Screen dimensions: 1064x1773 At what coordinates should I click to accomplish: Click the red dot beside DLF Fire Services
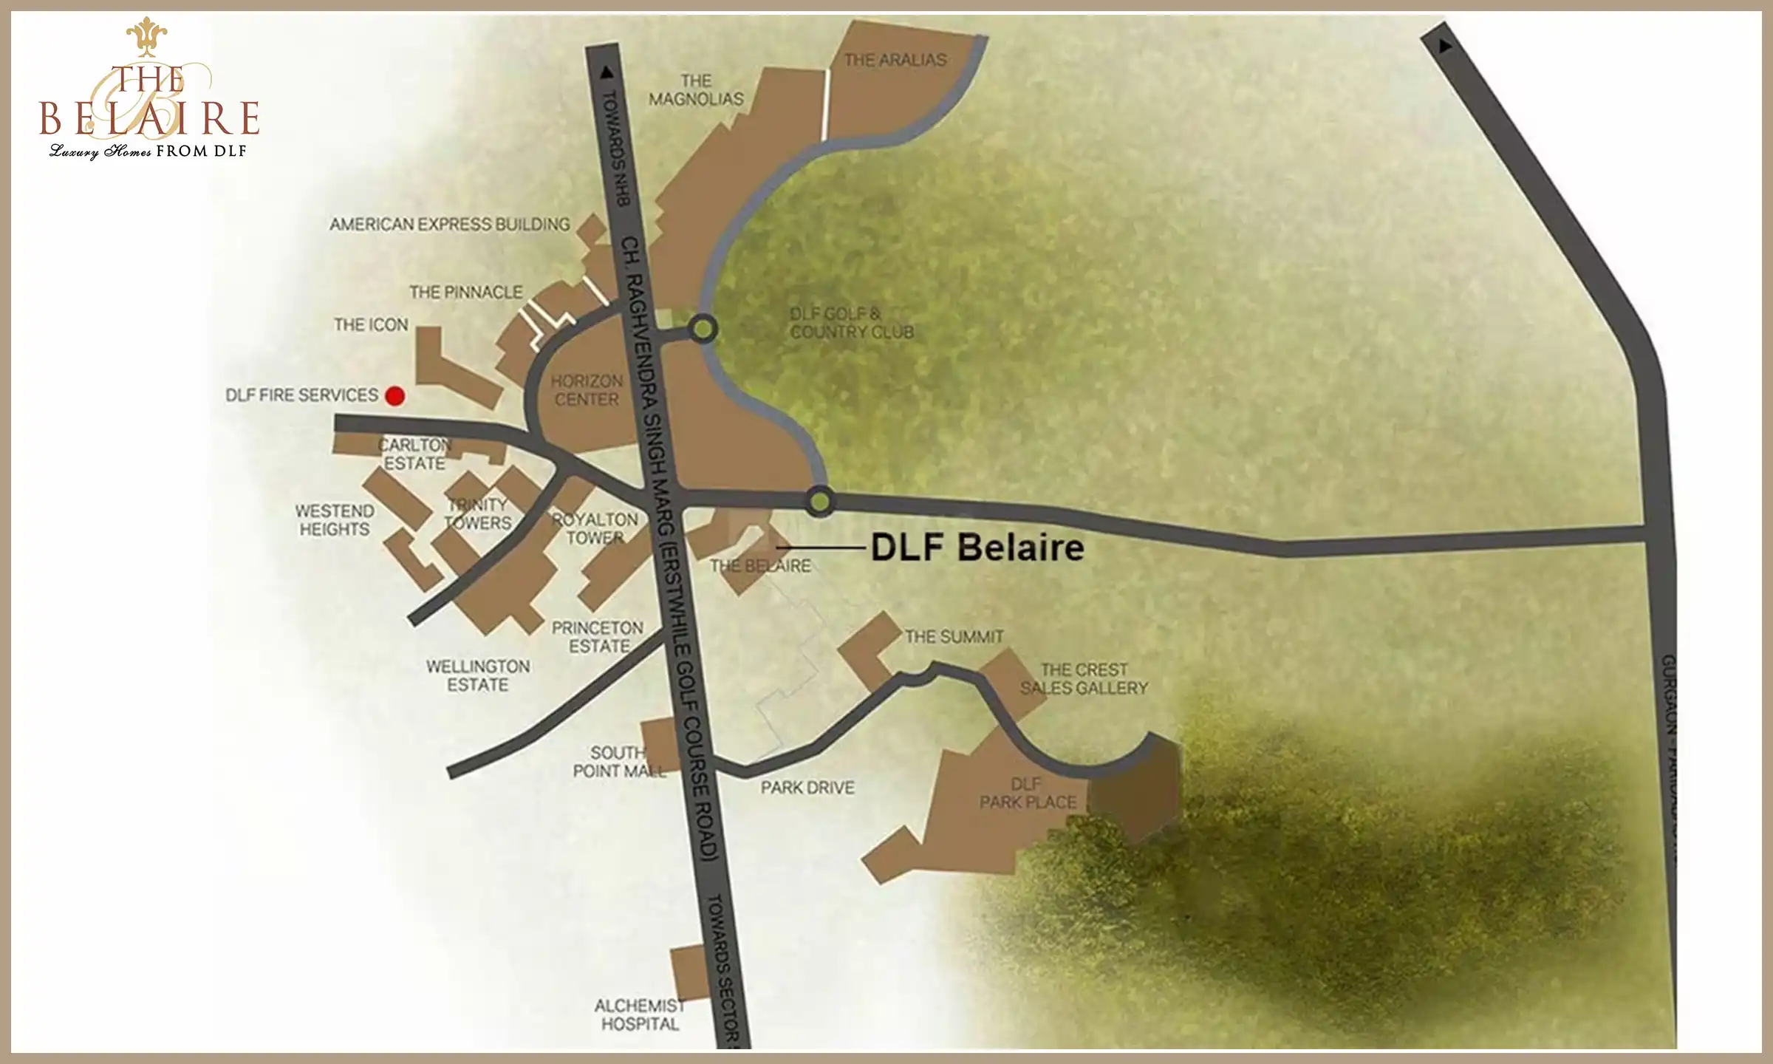click(395, 396)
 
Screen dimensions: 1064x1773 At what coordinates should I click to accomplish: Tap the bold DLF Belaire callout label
click(977, 548)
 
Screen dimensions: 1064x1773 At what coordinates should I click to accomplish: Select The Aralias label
click(895, 60)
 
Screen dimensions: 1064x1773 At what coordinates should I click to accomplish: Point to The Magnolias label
click(696, 89)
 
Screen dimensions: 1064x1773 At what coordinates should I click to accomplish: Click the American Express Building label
click(450, 224)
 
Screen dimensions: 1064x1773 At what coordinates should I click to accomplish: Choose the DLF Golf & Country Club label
click(851, 323)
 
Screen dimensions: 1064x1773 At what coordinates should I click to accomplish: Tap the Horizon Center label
click(587, 390)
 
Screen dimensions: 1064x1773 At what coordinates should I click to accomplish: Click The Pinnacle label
click(465, 293)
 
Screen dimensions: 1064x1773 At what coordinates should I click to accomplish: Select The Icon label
click(371, 325)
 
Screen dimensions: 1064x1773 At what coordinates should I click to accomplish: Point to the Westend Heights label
click(335, 520)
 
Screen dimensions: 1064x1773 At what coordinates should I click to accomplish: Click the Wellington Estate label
click(478, 675)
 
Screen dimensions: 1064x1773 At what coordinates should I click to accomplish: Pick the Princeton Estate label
click(598, 637)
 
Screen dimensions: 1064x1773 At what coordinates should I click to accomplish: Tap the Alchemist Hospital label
click(640, 1014)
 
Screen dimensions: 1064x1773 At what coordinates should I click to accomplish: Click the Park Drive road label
click(807, 788)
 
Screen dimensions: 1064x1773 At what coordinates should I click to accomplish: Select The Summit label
click(954, 637)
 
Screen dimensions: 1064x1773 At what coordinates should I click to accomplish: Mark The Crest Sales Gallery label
click(1084, 679)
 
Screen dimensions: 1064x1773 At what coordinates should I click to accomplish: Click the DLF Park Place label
click(1028, 793)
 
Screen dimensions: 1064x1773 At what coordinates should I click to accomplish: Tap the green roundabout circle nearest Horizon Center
click(703, 329)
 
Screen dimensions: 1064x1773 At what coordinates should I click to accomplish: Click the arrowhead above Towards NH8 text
click(607, 72)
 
